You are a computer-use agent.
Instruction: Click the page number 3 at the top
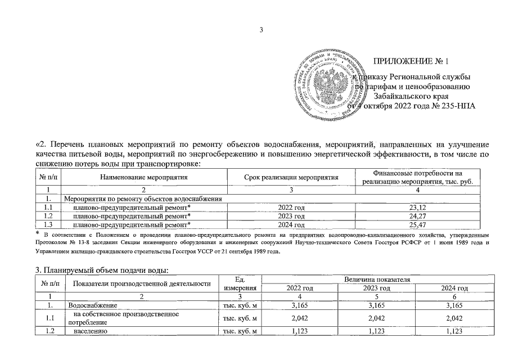pyautogui.click(x=261, y=29)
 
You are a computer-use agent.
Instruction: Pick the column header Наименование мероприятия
pyautogui.click(x=143, y=177)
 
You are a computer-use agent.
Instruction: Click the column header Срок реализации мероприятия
pyautogui.click(x=291, y=177)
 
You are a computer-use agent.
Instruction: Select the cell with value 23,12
pyautogui.click(x=418, y=207)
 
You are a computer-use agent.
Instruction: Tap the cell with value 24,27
pyautogui.click(x=418, y=215)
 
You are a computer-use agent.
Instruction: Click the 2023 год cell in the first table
pyautogui.click(x=291, y=215)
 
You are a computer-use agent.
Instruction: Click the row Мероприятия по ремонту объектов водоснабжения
pyautogui.click(x=143, y=199)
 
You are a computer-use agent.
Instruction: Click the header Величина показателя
pyautogui.click(x=379, y=279)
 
